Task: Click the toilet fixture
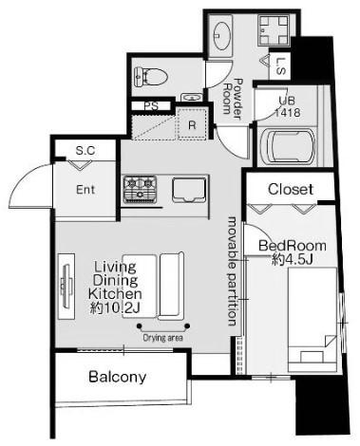(150, 76)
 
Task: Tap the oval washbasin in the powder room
(221, 35)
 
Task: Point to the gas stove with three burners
(140, 189)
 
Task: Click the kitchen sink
(189, 190)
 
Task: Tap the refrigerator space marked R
(192, 124)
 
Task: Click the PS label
(151, 106)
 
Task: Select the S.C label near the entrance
(85, 150)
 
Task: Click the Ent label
(85, 190)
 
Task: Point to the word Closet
(291, 189)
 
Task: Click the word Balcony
(118, 377)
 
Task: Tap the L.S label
(280, 65)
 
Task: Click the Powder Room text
(233, 99)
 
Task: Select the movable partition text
(233, 271)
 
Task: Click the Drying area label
(162, 338)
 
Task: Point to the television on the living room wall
(66, 286)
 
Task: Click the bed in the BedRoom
(313, 319)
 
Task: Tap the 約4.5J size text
(293, 260)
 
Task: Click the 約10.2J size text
(115, 307)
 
